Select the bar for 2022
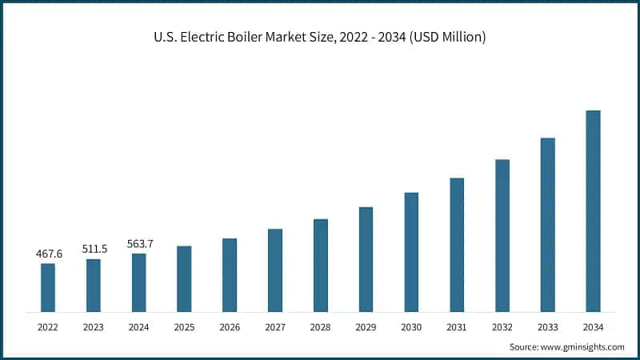point(48,287)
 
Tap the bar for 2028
point(321,265)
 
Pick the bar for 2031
point(457,244)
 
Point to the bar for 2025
point(184,278)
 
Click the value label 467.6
point(49,254)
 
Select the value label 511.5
point(94,249)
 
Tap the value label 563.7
point(139,244)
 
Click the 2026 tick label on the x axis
point(230,327)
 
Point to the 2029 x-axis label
point(366,327)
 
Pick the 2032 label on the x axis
point(502,327)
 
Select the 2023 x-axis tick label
point(94,327)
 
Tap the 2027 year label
point(275,327)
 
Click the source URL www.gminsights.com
point(582,347)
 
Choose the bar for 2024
point(139,282)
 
